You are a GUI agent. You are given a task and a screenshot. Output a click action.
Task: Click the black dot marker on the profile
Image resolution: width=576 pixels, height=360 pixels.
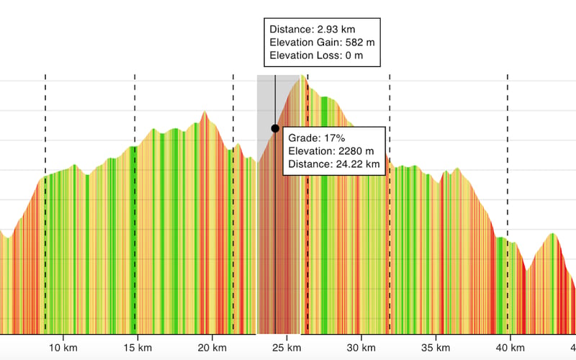275,128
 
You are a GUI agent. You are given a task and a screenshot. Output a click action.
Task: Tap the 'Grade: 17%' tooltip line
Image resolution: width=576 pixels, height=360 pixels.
317,138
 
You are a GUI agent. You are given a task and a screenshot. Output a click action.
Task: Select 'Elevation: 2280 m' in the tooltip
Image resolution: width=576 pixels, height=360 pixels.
331,151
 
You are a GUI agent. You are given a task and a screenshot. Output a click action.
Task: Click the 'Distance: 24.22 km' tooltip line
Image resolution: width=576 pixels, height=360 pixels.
333,165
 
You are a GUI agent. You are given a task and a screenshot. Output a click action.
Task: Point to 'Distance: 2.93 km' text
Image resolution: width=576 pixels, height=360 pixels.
312,30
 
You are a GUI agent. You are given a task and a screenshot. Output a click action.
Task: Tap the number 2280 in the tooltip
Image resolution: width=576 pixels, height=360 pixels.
351,151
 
